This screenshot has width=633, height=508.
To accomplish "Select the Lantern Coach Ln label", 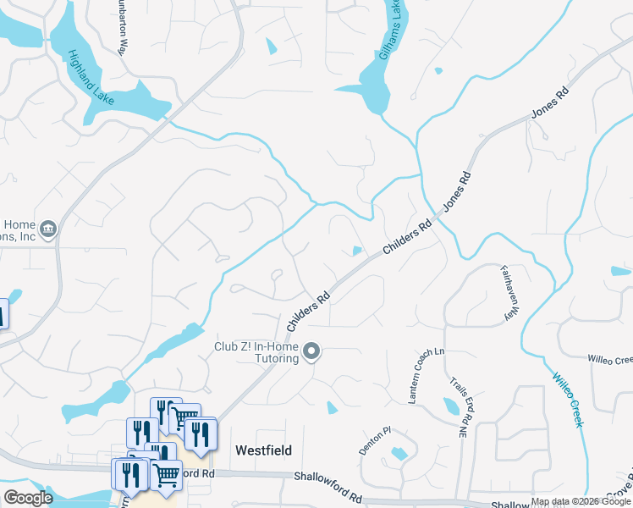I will [426, 375].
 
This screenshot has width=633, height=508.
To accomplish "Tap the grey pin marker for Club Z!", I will [312, 351].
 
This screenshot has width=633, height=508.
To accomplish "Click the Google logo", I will [28, 498].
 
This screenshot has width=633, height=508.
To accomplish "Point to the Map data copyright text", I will [581, 502].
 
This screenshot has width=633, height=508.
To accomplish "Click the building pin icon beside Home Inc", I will [47, 229].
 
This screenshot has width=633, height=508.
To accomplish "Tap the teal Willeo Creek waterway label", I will [568, 399].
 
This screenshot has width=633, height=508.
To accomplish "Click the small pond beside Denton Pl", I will [399, 454].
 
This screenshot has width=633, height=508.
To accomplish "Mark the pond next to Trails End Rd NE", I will [449, 406].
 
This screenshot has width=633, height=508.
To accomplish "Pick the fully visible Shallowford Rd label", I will [328, 478].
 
